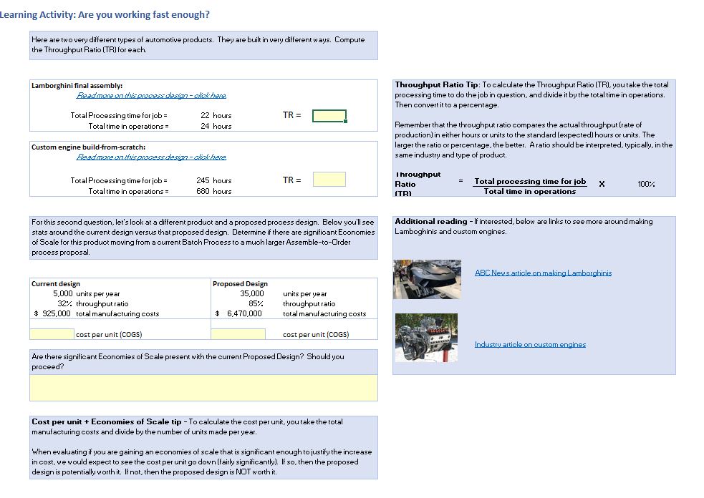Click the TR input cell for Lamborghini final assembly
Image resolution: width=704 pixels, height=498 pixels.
coord(329,116)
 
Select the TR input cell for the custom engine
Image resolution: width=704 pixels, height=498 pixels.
coord(329,180)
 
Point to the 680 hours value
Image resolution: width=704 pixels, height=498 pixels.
coord(213,191)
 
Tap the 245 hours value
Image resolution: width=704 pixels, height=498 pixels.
coord(213,180)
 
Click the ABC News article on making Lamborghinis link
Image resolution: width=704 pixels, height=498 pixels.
coord(543,273)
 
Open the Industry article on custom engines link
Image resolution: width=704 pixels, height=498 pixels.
coord(530,344)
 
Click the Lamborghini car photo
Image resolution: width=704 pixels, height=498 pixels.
coord(427,279)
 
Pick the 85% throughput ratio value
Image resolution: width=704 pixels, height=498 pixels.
coord(256,303)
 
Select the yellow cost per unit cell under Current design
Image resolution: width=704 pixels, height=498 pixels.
coord(52,334)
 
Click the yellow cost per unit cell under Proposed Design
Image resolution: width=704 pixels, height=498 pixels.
coord(238,334)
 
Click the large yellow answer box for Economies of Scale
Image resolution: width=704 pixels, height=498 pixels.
coord(203,387)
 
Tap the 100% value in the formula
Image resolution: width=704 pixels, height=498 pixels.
coord(646,184)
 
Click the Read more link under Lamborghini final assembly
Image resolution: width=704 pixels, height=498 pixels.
coord(151,95)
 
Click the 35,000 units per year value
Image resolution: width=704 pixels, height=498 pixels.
coord(251,293)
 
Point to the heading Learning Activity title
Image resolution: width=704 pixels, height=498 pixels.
coord(105,14)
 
